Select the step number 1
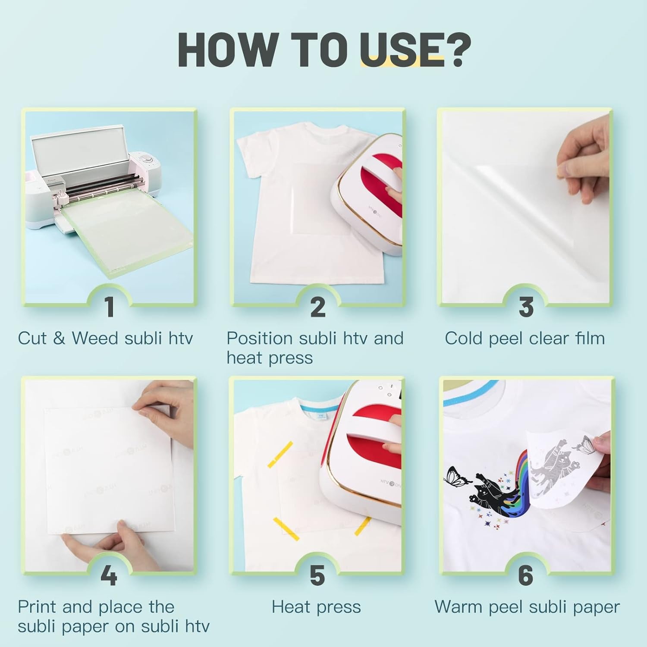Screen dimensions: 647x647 110,307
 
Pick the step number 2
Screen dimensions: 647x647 318,307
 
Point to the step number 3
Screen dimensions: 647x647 526,307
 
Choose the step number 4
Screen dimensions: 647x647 109,575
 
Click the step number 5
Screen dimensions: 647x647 317,575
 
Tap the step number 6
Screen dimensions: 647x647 525,575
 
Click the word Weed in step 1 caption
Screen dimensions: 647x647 95,338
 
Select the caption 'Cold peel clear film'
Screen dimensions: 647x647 525,338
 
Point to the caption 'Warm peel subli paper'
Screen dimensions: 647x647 527,607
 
